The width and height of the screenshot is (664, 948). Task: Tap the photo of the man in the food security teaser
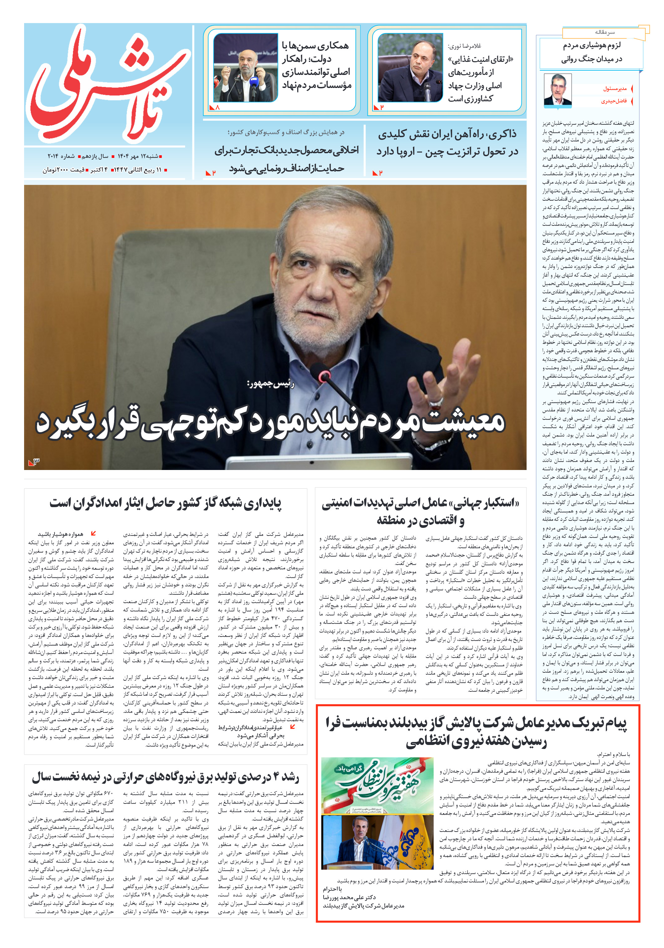pyautogui.click(x=410, y=68)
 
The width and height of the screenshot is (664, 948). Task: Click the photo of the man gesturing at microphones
pyautogui.click(x=245, y=68)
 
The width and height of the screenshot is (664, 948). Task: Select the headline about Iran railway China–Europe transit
pyautogui.click(x=447, y=143)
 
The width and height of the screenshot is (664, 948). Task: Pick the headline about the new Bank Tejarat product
pyautogui.click(x=286, y=159)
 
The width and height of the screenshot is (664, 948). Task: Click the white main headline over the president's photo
pyautogui.click(x=271, y=423)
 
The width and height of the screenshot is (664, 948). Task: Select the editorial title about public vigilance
pyautogui.click(x=591, y=52)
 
